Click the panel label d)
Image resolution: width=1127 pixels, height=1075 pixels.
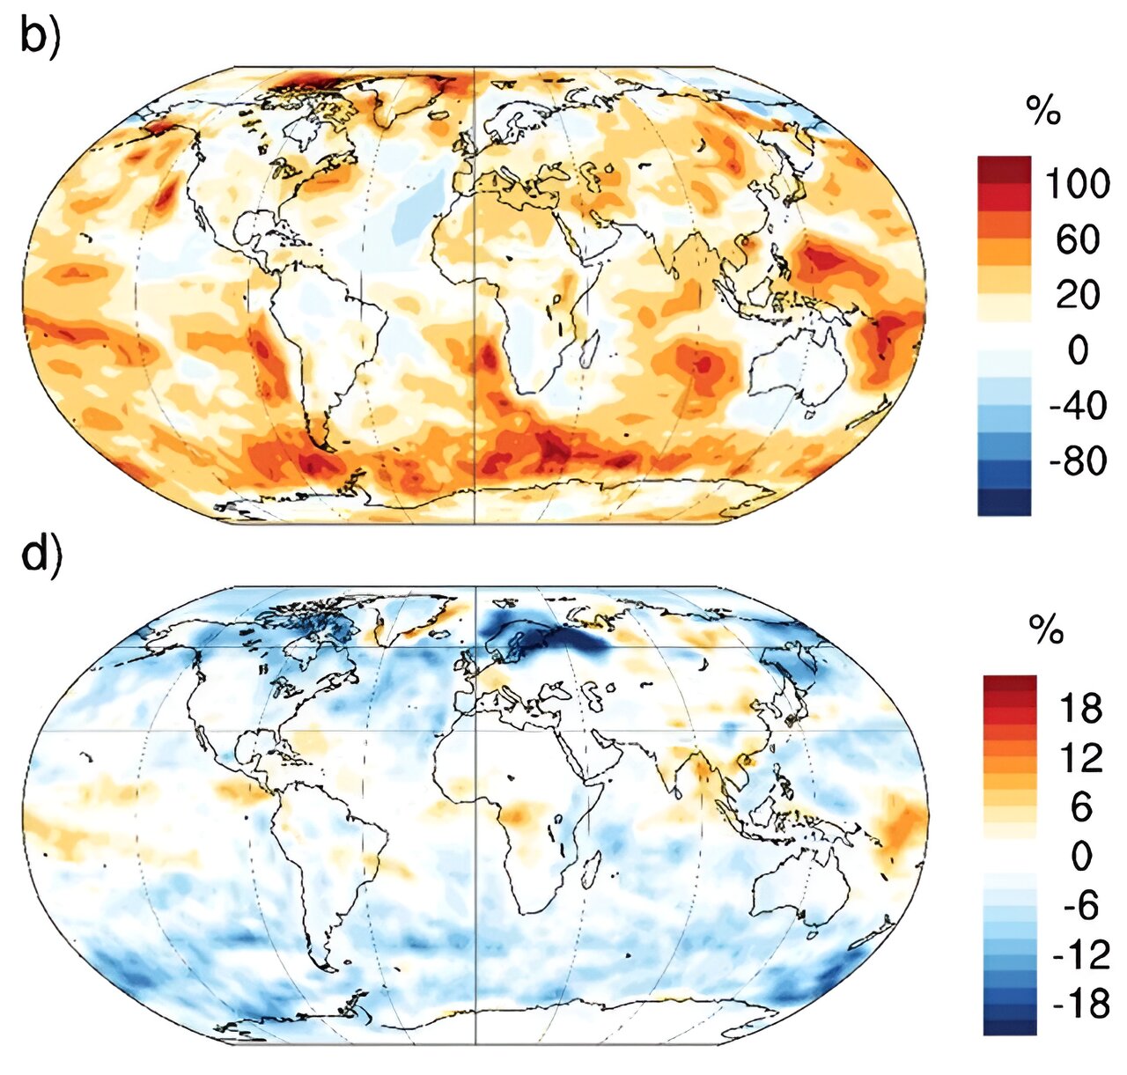point(40,556)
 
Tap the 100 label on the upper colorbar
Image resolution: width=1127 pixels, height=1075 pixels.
point(1077,184)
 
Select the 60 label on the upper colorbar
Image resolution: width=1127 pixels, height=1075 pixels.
point(1077,239)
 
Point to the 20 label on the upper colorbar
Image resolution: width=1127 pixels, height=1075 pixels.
point(1077,294)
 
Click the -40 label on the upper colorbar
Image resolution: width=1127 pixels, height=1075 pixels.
point(1077,406)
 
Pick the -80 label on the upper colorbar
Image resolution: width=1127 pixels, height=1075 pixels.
point(1077,460)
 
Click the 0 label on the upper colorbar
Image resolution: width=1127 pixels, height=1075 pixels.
point(1077,350)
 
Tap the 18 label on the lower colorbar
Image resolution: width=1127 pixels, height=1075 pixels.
point(1080,708)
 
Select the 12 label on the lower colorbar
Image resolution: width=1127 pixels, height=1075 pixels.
point(1080,757)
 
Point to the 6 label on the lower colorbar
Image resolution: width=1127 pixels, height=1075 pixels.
point(1080,806)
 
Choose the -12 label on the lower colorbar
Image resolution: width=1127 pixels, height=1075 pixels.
point(1080,954)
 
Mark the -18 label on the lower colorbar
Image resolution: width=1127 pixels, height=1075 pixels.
point(1080,1004)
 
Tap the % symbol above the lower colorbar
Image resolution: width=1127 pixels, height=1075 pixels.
point(1046,630)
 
